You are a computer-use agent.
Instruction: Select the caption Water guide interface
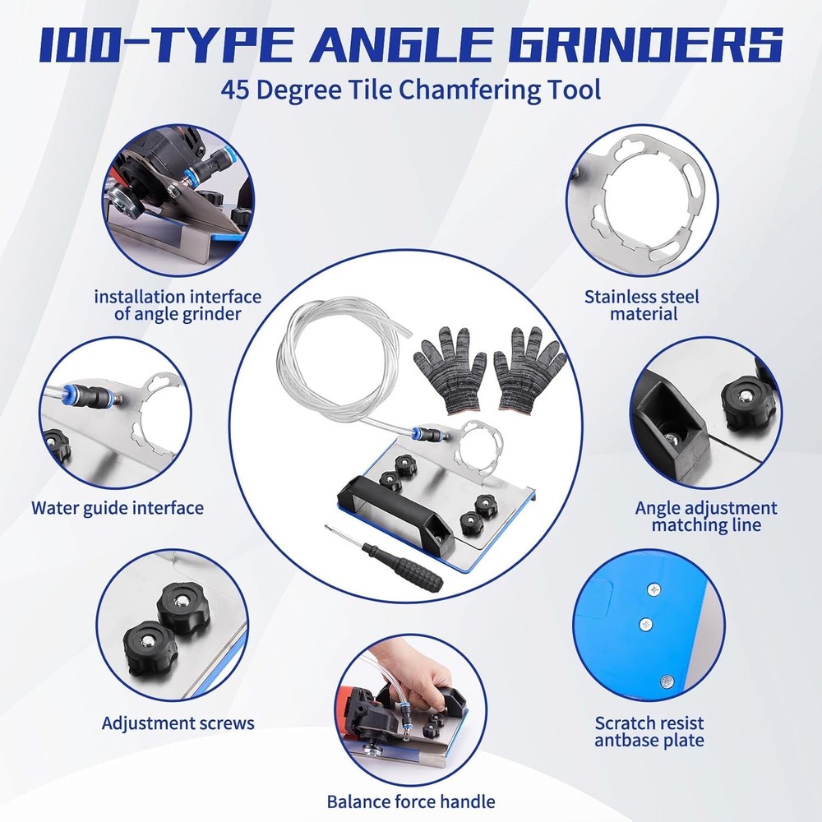[118, 507]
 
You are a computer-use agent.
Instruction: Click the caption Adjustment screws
[178, 723]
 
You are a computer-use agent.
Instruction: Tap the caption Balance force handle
[411, 800]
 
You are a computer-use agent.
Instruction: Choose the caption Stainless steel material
[642, 304]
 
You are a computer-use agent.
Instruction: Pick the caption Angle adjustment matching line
[706, 516]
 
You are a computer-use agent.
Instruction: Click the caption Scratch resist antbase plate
[649, 732]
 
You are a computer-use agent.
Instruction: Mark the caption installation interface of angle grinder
[178, 304]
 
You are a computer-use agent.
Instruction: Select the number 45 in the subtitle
[236, 89]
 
